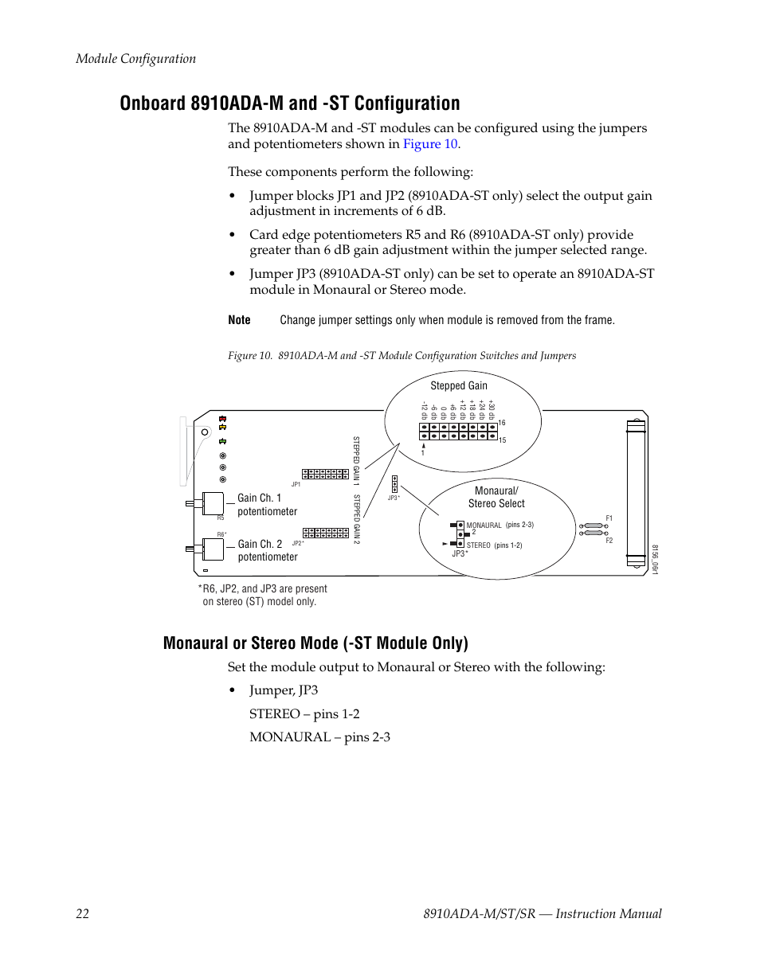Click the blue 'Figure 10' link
click(x=430, y=144)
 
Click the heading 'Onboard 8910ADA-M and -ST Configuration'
click(x=290, y=104)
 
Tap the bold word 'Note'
click(x=239, y=320)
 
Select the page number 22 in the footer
click(x=83, y=913)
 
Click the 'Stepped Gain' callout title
click(x=459, y=385)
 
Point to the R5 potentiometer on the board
click(x=212, y=503)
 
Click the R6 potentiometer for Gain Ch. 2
click(x=212, y=549)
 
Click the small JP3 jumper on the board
click(x=394, y=484)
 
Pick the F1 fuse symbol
click(x=593, y=526)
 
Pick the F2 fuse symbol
click(x=593, y=533)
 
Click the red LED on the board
click(x=223, y=419)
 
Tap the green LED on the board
click(x=223, y=440)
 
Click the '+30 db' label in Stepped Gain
click(x=492, y=410)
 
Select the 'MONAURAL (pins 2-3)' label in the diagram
click(x=499, y=526)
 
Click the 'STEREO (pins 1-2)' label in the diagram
click(x=494, y=545)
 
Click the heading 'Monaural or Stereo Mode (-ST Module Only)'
click(x=315, y=643)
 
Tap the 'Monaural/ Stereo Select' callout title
click(x=496, y=497)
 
